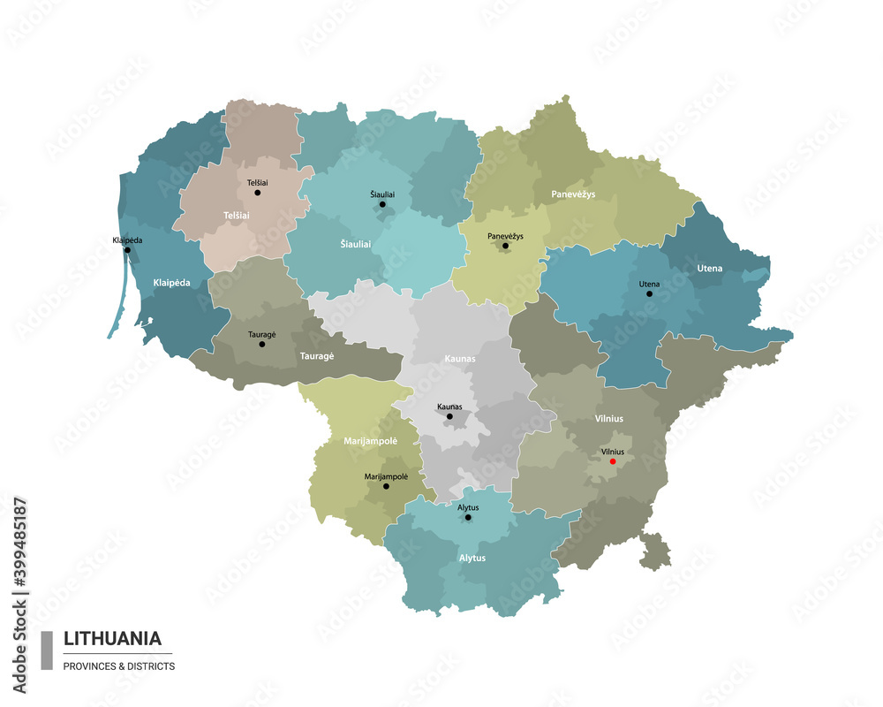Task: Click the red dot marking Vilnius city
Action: tap(613, 460)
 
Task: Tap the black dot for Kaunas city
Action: tap(449, 416)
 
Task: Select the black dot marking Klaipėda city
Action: tap(127, 249)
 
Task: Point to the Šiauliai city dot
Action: tap(382, 204)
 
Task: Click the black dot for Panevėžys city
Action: tap(505, 247)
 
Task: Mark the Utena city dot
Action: tap(649, 293)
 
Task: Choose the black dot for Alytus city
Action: tap(468, 517)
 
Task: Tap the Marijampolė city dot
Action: tap(386, 486)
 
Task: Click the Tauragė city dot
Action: tap(261, 344)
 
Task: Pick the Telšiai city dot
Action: tap(258, 192)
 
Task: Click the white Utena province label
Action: tap(709, 268)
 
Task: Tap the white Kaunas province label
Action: tap(459, 359)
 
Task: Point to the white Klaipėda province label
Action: tap(171, 283)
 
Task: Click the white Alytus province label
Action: tap(472, 558)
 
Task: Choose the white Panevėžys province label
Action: tap(573, 194)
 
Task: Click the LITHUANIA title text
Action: tap(112, 638)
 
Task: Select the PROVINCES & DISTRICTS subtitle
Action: tap(119, 665)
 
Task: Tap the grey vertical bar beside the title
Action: tap(47, 650)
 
